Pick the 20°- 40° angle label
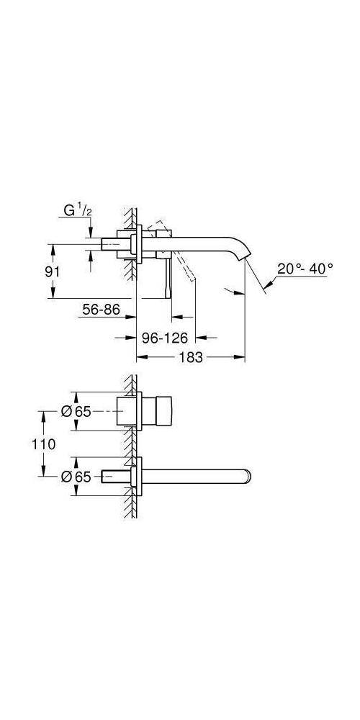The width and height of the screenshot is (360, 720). (305, 268)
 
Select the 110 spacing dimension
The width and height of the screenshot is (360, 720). (44, 444)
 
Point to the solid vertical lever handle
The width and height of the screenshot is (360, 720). (170, 277)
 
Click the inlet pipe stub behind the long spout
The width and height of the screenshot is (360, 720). (114, 475)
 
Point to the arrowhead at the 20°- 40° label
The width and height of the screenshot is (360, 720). (268, 287)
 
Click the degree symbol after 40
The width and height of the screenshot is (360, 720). (330, 265)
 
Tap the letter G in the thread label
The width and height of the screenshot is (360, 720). (68, 212)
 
